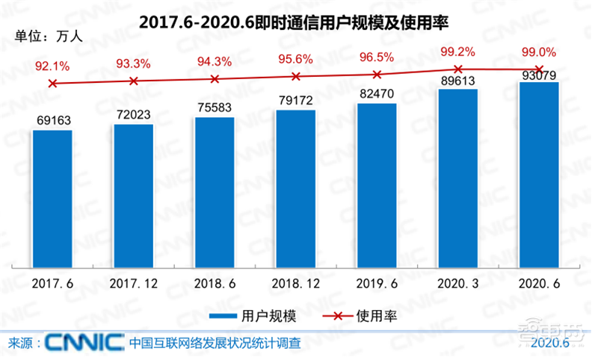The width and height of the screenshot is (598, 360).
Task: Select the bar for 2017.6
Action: click(52, 198)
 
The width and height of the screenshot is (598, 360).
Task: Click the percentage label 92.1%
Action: click(52, 66)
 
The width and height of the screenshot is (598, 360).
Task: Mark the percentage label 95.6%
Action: click(296, 59)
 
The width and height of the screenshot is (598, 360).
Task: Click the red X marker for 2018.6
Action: click(215, 78)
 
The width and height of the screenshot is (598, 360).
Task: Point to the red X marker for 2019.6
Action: click(377, 74)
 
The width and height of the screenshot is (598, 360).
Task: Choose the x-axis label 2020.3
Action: click(458, 284)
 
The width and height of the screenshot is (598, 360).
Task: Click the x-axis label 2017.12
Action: click(133, 284)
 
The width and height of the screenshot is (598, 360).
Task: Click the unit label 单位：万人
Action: click(44, 34)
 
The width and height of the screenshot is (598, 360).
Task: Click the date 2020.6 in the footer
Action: click(549, 344)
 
